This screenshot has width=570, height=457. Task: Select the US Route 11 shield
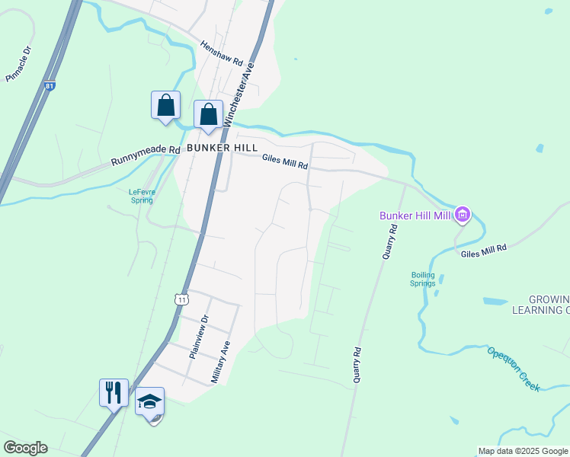181,299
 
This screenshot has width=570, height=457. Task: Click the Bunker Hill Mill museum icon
462,216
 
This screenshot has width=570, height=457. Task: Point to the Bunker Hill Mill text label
416,216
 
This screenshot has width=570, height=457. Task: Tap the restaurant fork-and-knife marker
114,393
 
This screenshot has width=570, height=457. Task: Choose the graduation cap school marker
150,401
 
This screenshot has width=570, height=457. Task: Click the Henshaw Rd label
221,53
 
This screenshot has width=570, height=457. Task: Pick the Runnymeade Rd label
145,156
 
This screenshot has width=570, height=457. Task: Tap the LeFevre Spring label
141,196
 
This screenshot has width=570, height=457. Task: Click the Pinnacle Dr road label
18,65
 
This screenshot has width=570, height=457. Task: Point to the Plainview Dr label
197,337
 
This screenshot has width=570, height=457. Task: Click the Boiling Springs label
423,279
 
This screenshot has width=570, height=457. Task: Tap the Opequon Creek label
514,369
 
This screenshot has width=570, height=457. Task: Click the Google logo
25,448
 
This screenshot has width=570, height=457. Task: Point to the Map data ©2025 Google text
523,451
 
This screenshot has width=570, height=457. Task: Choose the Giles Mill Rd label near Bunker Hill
284,161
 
